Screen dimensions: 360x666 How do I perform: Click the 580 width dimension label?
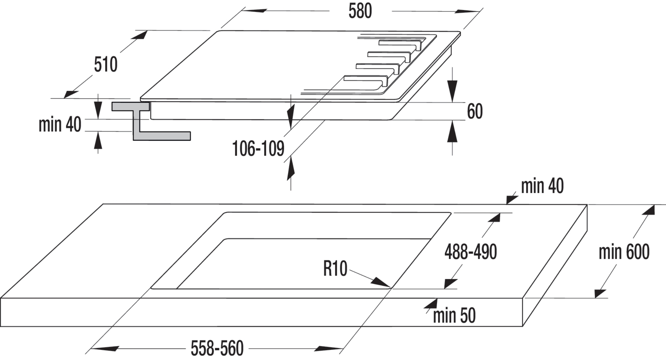(360, 11)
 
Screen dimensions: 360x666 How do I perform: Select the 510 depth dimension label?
(106, 65)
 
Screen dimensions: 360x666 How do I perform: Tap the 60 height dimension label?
(475, 111)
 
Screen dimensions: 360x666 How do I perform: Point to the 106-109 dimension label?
(258, 149)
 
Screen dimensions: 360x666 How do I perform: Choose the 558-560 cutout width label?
(217, 349)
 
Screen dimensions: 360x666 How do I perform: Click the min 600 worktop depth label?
(624, 252)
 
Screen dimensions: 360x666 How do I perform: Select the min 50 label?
(454, 315)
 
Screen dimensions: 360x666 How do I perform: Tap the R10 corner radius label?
(335, 269)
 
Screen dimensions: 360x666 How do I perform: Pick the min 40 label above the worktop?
(542, 186)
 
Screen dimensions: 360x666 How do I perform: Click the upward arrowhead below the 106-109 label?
(291, 169)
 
